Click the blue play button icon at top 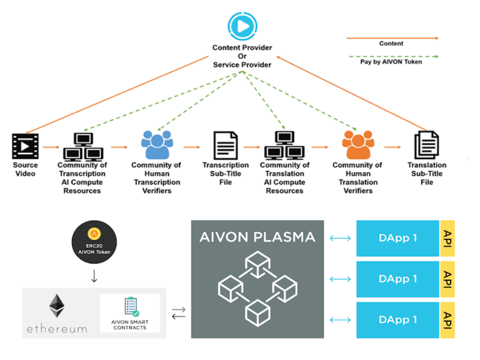(242, 26)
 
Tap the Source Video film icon (25, 146)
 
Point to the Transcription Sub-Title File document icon (226, 146)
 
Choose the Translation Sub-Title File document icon (427, 146)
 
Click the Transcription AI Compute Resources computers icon (83, 146)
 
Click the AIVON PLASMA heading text (257, 237)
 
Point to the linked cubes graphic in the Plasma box (257, 284)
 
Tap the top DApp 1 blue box (398, 238)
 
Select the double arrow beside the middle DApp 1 (340, 279)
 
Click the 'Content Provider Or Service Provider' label (242, 56)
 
